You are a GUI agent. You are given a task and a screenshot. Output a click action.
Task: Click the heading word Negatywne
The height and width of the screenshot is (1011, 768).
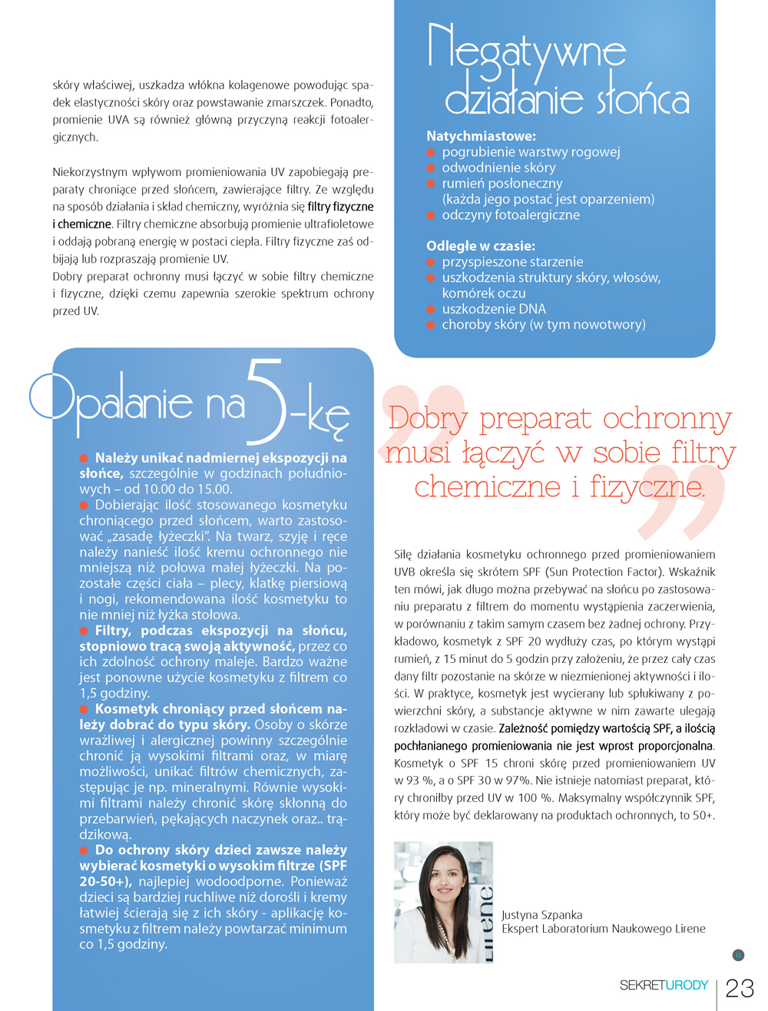(527, 51)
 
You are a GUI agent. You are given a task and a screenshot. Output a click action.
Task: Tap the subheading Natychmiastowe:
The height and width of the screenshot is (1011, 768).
(481, 136)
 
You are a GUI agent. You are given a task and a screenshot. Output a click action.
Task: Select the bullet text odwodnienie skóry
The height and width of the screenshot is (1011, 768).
(498, 167)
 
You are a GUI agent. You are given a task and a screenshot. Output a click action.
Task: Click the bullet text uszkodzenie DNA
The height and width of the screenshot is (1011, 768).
(494, 309)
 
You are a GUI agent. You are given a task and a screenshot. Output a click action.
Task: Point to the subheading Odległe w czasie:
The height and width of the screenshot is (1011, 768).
(481, 246)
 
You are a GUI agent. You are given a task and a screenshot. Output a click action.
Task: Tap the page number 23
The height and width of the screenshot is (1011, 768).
(740, 988)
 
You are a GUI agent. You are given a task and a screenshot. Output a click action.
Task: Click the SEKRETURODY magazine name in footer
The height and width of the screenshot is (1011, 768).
(664, 986)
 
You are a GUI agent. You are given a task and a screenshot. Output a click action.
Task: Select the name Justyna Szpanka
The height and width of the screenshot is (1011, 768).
(541, 915)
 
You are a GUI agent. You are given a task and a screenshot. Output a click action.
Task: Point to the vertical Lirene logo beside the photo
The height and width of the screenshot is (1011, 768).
(485, 922)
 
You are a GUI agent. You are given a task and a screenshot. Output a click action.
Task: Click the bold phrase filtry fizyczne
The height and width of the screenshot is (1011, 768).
(340, 207)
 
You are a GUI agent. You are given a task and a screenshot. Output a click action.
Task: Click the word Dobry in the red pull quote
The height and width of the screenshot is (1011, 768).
(428, 419)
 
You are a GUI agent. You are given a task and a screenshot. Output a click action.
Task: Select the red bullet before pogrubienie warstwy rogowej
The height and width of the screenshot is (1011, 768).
(431, 152)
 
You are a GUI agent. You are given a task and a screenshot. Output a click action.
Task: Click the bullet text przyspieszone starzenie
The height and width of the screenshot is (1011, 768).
(512, 262)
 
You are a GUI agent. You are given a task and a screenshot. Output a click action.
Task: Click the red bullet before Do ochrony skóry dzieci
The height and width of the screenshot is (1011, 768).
(84, 850)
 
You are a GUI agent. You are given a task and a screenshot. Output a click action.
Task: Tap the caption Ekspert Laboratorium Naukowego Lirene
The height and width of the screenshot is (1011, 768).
(603, 929)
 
